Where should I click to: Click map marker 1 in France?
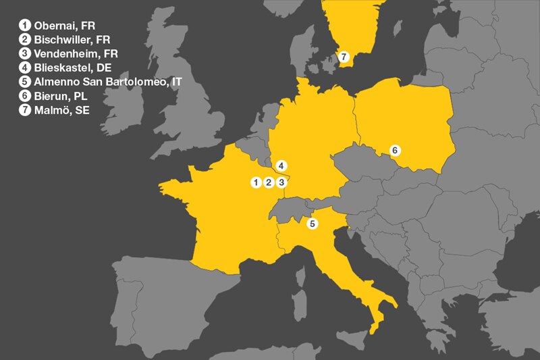[256, 182]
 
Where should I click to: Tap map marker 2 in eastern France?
[269, 182]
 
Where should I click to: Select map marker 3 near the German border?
[282, 182]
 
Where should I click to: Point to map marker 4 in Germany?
[281, 165]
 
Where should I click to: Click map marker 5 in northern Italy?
[311, 223]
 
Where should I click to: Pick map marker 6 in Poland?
[396, 150]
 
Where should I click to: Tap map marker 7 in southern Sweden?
[344, 56]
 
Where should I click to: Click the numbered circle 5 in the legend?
[26, 82]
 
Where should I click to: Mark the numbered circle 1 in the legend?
[26, 26]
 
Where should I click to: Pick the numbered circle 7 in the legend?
[26, 110]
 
